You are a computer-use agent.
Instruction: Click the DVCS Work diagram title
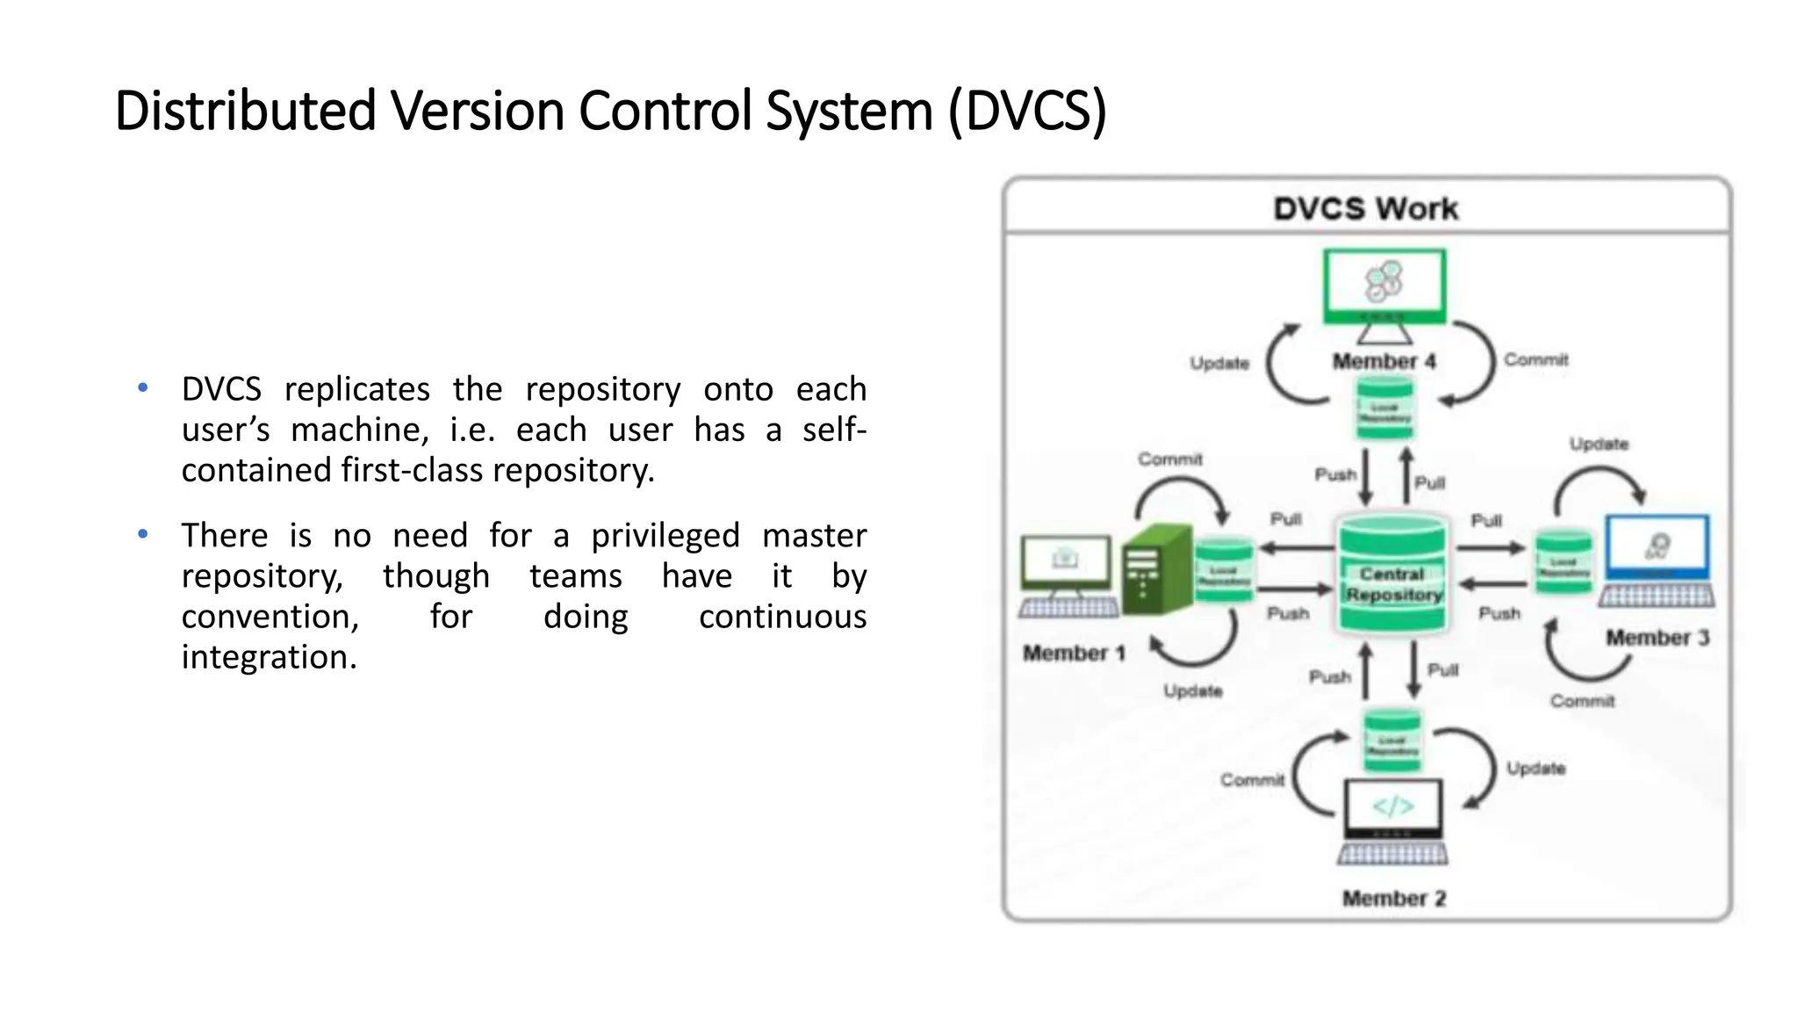tap(1365, 209)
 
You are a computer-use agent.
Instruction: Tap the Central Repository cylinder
tap(1392, 575)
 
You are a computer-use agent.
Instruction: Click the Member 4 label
tap(1384, 361)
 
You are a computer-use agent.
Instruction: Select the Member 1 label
tap(1073, 653)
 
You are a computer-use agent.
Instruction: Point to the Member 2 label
tap(1393, 898)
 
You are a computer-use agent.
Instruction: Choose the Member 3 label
tap(1657, 637)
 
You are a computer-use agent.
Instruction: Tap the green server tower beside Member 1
tap(1157, 569)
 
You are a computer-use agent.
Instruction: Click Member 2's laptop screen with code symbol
tap(1393, 806)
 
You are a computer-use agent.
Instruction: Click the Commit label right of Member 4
tap(1535, 359)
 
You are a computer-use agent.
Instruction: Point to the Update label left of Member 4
tap(1219, 363)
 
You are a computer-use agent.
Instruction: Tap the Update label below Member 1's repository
tap(1192, 690)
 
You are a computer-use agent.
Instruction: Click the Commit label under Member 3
tap(1581, 700)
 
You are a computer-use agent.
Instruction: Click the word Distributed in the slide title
tap(246, 112)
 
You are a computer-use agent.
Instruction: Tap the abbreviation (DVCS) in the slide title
tap(1027, 112)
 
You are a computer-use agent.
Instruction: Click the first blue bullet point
tap(143, 387)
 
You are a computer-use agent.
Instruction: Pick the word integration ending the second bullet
tap(269, 657)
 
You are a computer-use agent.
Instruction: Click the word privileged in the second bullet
tap(665, 536)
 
